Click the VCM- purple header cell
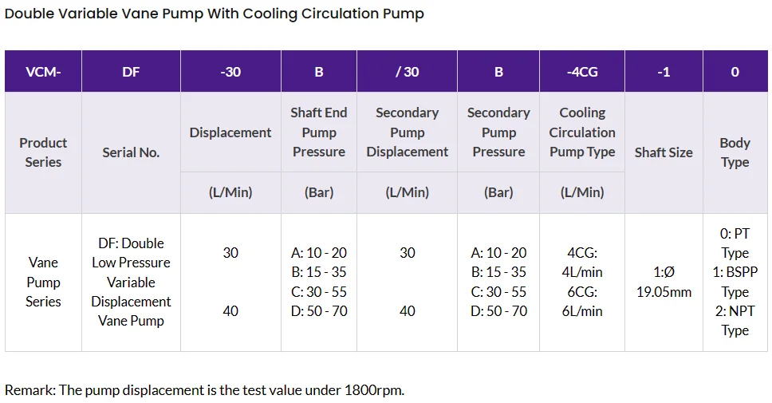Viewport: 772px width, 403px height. (x=43, y=72)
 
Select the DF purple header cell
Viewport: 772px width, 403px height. (x=131, y=72)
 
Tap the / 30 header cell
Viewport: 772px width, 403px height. (x=407, y=72)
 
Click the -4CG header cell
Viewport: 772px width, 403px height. (x=581, y=72)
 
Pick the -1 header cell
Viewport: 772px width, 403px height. (x=663, y=72)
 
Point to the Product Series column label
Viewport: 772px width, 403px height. (x=43, y=152)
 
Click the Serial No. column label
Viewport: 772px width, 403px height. (x=131, y=152)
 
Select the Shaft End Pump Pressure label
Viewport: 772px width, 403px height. (x=318, y=132)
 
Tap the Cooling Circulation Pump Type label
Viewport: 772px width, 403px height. (x=581, y=132)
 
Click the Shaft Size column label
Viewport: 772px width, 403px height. (x=663, y=152)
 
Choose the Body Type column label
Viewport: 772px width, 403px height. (x=735, y=152)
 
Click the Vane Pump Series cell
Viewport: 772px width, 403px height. (x=43, y=282)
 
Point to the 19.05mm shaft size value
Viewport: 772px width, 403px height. (x=663, y=292)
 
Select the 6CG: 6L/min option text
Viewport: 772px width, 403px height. (x=581, y=302)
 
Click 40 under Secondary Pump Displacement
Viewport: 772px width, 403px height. (x=407, y=311)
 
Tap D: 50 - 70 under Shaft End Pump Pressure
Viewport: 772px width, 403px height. (x=319, y=311)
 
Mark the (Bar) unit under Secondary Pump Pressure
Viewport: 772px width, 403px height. (x=498, y=193)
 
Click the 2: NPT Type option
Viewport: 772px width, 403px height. (x=735, y=321)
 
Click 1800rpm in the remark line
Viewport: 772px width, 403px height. (x=372, y=390)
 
